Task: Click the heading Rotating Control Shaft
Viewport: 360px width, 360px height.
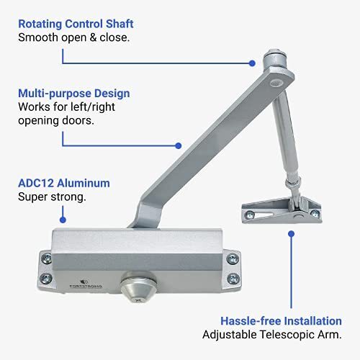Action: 76,24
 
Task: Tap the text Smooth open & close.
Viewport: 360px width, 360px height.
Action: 74,37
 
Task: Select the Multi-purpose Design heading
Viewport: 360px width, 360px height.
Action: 74,94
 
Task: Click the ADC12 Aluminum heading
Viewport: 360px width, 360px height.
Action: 64,183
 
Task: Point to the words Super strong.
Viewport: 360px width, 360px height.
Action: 52,197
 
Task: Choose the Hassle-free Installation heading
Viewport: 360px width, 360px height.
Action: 281,321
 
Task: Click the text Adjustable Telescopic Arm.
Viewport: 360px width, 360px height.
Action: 272,335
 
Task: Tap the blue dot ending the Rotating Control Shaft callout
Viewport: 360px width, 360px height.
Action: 252,63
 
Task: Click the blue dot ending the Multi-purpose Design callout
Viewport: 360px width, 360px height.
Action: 179,145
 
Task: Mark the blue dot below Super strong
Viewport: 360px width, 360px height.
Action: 63,220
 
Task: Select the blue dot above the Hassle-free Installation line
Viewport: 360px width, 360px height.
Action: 292,234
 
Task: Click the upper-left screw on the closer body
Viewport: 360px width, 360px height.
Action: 46,258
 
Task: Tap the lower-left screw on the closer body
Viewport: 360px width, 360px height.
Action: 45,279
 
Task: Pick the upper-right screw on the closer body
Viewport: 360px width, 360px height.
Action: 233,258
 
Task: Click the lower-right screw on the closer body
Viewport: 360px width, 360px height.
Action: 233,279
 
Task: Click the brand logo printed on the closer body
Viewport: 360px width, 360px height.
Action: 86,284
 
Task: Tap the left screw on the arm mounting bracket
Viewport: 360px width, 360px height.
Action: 250,214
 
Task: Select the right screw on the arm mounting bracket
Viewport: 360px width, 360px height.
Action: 315,213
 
